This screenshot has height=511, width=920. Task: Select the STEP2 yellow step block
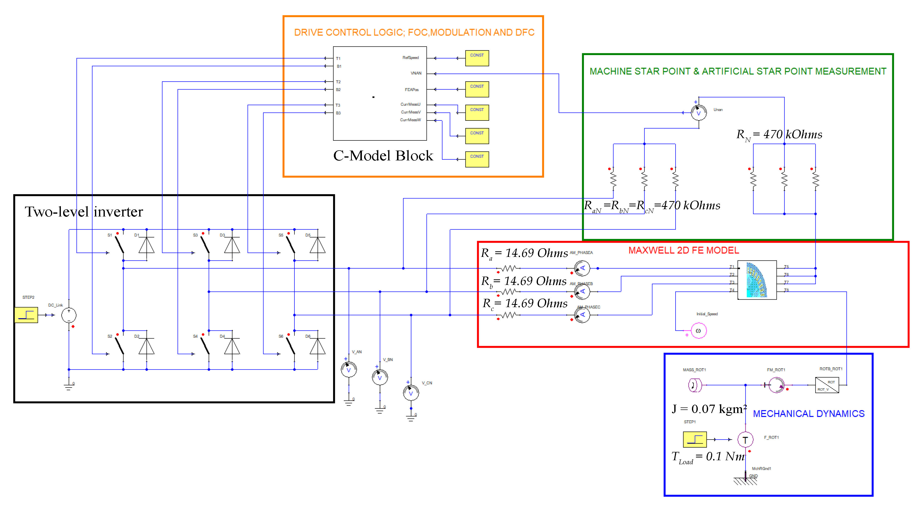coord(26,315)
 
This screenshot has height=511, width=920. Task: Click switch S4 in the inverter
coord(205,346)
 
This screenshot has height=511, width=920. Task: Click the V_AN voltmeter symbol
coord(349,370)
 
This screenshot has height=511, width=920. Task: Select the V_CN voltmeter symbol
coord(411,393)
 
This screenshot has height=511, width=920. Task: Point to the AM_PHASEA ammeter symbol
coord(582,268)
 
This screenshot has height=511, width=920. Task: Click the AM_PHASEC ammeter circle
coord(582,315)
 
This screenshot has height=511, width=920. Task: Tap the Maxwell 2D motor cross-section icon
coord(757,280)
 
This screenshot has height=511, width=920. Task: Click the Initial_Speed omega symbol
coord(699,331)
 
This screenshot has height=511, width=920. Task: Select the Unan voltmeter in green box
coord(699,113)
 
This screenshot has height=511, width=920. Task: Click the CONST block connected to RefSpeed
coord(477,58)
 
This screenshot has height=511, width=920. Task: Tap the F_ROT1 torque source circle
coord(745,440)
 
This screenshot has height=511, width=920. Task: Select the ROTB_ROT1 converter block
coord(827,385)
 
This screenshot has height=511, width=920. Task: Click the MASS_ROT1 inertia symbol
coord(694,385)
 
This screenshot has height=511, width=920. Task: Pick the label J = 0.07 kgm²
coord(709,409)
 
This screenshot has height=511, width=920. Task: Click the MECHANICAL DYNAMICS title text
coord(809,413)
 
